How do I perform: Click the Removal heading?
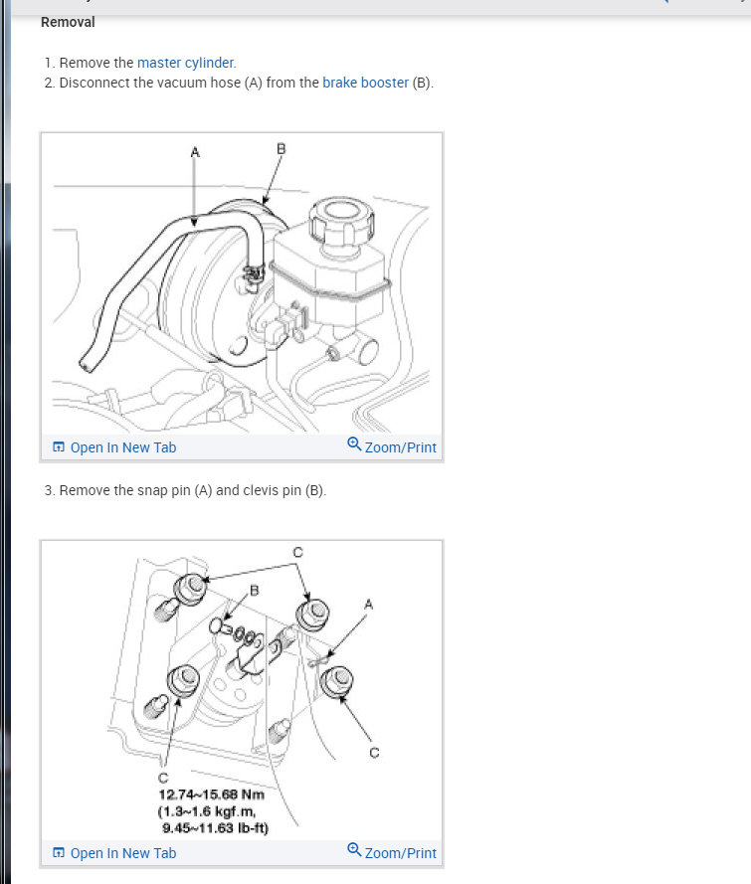[x=68, y=22]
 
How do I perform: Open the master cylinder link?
[x=185, y=63]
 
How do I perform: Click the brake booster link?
[x=365, y=83]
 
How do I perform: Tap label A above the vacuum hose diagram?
[x=195, y=152]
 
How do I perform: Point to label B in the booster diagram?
[x=282, y=149]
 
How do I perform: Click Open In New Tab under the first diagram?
[x=114, y=447]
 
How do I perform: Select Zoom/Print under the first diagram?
[x=392, y=446]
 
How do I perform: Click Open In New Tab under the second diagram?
[x=114, y=853]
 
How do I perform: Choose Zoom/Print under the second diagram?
[x=392, y=852]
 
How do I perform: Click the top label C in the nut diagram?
[x=298, y=552]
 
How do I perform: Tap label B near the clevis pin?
[x=255, y=591]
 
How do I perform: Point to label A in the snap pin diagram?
[x=368, y=605]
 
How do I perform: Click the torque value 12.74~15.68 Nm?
[x=212, y=795]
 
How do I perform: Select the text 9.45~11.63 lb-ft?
[x=215, y=828]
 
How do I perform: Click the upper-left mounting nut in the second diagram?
[x=190, y=588]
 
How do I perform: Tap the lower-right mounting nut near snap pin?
[x=336, y=681]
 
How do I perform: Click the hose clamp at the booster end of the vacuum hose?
[x=254, y=273]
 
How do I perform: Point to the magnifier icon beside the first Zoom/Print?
[x=354, y=444]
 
